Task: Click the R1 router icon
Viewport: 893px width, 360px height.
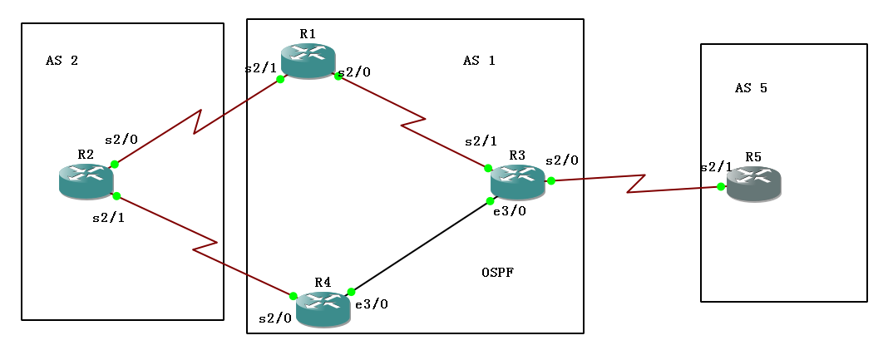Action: point(308,61)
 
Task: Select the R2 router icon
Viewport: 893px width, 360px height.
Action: point(86,181)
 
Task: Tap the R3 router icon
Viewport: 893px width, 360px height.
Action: point(517,182)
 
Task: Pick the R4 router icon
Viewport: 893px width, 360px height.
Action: point(323,309)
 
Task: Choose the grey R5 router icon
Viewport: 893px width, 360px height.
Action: point(753,184)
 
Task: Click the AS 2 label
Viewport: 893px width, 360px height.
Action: point(62,61)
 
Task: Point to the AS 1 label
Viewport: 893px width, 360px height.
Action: point(479,61)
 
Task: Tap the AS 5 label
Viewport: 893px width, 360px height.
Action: point(751,88)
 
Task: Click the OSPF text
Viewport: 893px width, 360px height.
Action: point(497,273)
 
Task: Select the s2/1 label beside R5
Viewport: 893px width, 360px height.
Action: point(716,166)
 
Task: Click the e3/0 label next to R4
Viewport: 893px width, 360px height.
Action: point(372,304)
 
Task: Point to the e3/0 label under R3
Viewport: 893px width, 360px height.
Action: point(510,211)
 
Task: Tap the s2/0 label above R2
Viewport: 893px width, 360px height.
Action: point(121,140)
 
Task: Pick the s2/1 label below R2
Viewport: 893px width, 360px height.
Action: point(109,219)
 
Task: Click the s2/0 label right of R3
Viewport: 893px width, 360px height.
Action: point(562,160)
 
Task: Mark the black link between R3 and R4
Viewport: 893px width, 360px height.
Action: point(420,247)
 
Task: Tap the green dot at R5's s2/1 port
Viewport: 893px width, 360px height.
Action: point(722,186)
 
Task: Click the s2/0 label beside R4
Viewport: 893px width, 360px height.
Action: point(275,318)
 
